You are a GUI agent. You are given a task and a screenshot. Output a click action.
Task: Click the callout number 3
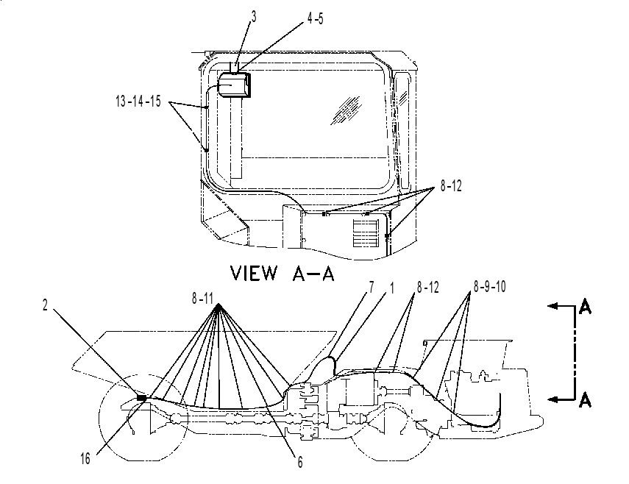point(254,16)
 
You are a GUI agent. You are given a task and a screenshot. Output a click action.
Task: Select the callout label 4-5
point(316,18)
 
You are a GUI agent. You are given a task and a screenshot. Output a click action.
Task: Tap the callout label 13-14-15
point(138,101)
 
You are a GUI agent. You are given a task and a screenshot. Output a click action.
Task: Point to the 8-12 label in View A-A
point(451,185)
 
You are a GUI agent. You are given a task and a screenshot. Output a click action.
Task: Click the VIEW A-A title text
point(282,273)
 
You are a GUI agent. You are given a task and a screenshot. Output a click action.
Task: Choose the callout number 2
point(45,305)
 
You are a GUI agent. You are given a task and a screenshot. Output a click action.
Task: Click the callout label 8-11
point(202,299)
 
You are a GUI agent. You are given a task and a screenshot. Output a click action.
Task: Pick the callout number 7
point(372,287)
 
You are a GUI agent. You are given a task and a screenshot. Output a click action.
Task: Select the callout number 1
point(392,288)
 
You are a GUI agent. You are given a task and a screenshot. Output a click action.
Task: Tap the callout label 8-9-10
point(489,287)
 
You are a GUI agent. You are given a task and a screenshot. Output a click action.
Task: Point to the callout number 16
point(85,459)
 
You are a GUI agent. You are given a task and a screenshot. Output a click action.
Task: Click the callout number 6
point(300,463)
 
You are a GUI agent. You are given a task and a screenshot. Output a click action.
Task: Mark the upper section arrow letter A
point(586,308)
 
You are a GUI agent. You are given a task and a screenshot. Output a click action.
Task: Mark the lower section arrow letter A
point(586,400)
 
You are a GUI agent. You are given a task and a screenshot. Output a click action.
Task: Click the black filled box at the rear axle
point(141,398)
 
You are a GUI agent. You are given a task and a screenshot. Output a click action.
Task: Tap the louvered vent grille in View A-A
point(366,233)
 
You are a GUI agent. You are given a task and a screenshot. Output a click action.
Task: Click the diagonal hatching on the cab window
point(345,110)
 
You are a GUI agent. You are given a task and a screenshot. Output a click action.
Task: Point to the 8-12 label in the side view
point(428,287)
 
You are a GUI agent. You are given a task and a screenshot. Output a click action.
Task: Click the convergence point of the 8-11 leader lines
point(218,305)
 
